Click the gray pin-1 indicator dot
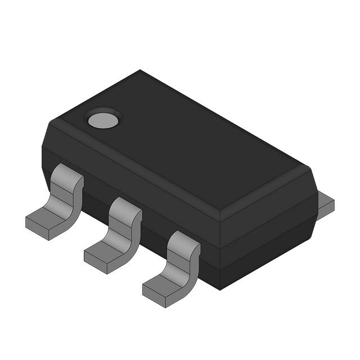pyautogui.click(x=103, y=119)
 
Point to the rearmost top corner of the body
pyautogui.click(x=140, y=71)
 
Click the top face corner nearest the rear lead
pyautogui.click(x=309, y=167)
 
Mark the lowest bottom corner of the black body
pyautogui.click(x=219, y=289)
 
